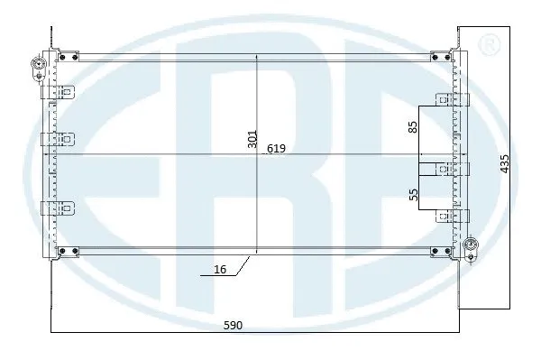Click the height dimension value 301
[x=252, y=138]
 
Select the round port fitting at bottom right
[x=470, y=245]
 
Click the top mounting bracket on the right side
[x=445, y=100]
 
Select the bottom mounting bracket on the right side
[x=445, y=216]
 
